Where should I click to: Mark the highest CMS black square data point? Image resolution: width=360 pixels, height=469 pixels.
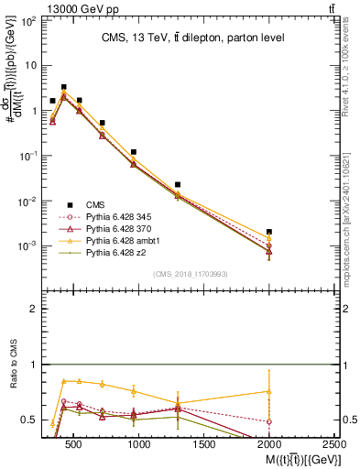pos(63,87)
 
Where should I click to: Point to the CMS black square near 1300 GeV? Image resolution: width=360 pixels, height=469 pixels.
pos(178,185)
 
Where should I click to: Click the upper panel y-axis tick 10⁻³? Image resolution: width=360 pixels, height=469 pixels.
pos(28,246)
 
